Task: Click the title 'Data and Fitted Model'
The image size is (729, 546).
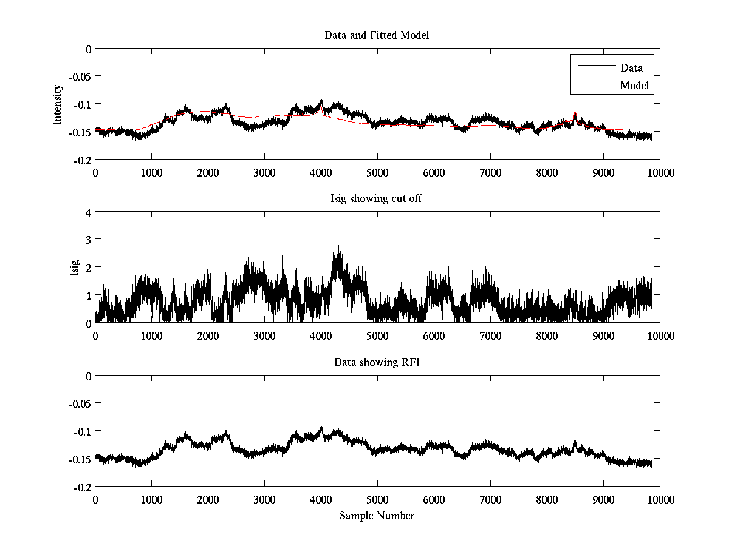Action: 377,35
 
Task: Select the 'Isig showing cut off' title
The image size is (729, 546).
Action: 377,199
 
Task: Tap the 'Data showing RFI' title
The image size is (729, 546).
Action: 377,362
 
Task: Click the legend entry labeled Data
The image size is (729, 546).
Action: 631,68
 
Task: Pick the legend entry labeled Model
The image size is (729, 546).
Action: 634,86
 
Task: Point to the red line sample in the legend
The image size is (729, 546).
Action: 595,85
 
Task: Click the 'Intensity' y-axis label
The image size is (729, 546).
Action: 58,104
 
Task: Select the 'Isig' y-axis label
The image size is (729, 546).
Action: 74,267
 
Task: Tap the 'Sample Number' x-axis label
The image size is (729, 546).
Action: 377,516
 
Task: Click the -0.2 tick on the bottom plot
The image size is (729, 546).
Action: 81,487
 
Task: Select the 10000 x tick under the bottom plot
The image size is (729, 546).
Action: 660,499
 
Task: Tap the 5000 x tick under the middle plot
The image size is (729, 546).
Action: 377,335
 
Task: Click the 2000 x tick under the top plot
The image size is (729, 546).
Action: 208,172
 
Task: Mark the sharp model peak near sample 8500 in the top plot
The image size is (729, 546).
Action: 575,113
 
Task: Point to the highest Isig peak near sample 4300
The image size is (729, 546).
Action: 338,246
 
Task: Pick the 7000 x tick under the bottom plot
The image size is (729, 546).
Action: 490,499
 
